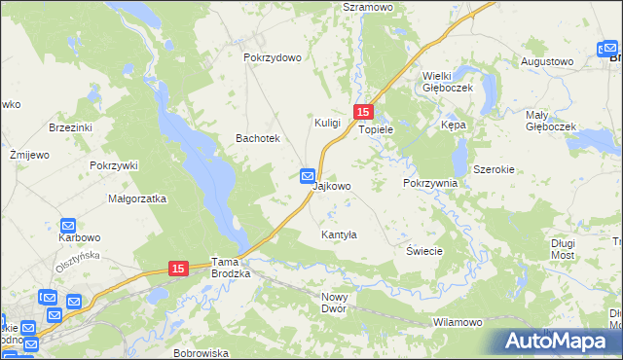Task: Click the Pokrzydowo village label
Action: point(273,57)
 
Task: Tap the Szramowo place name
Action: point(366,6)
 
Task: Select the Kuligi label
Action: point(327,123)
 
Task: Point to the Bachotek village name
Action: point(258,139)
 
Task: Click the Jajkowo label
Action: point(332,185)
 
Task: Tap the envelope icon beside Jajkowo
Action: point(307,176)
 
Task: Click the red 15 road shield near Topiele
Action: point(363,113)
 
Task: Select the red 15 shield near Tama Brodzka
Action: point(177,268)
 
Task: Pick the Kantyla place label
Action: point(340,234)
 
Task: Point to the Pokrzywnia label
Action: point(429,183)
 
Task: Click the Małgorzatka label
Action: point(137,198)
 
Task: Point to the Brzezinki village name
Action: point(70,127)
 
